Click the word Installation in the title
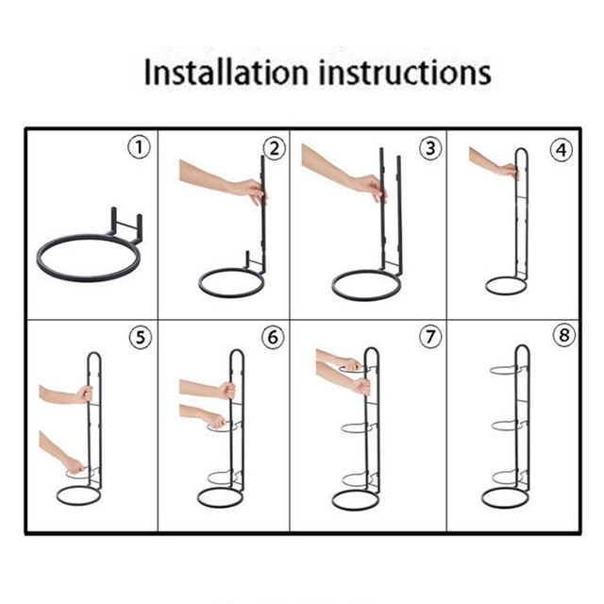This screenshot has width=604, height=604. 226,72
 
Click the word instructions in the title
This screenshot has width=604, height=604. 405,72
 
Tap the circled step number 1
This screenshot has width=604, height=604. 139,147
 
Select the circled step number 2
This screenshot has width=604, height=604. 275,148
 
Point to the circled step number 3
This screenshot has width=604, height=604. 430,148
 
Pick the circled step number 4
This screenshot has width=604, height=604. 562,150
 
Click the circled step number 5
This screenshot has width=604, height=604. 141,338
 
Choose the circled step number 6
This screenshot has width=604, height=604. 273,337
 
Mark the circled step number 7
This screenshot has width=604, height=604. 430,336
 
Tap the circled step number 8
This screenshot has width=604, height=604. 563,335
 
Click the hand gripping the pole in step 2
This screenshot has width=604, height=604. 252,192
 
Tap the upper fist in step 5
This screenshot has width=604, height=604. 85,394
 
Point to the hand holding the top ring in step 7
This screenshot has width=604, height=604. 349,364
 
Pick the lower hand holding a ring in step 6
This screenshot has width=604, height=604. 216,421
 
